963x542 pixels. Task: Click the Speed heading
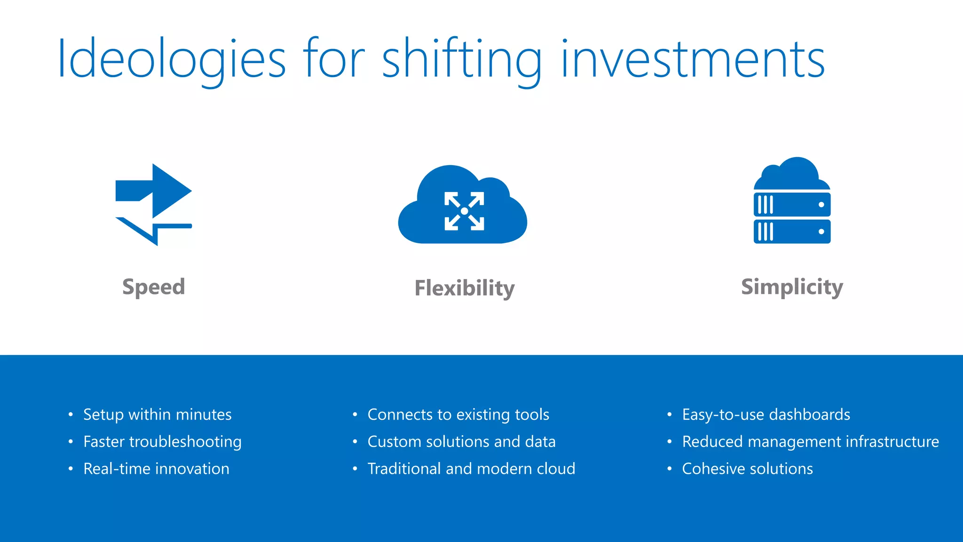(154, 287)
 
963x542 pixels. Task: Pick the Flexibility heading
(465, 288)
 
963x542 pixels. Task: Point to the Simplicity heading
(792, 287)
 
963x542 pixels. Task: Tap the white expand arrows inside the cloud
(464, 211)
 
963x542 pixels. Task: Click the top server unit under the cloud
(792, 205)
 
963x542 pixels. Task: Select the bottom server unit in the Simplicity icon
(792, 231)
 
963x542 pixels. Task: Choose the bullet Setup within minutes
(157, 414)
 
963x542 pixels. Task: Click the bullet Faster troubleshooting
(162, 442)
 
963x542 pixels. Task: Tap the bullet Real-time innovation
(156, 469)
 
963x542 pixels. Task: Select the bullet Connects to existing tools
(458, 414)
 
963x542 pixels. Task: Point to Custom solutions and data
(461, 442)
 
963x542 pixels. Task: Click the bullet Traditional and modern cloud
(471, 469)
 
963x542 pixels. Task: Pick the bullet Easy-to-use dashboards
(766, 414)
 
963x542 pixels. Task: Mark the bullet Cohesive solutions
(747, 469)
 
